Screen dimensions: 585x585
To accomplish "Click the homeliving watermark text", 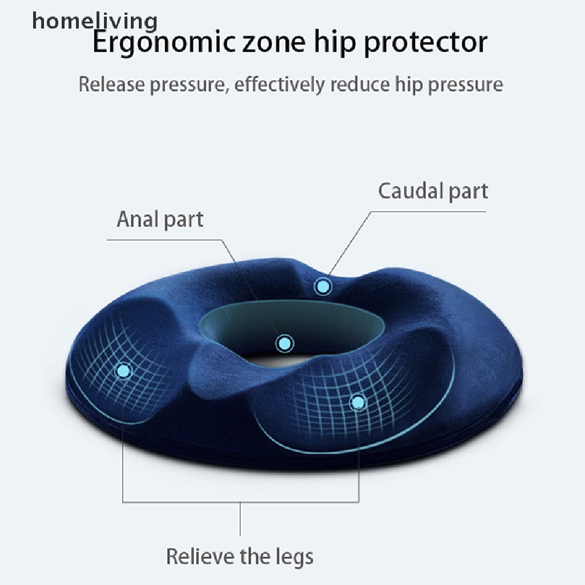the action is pos(95,22).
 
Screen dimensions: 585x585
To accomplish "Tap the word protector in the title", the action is pos(426,43).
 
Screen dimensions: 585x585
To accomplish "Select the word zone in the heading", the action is pos(274,43).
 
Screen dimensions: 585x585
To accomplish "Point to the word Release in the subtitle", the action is pos(111,84).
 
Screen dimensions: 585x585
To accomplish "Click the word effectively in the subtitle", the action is pos(279,85).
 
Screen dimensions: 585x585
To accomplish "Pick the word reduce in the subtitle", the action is pos(360,84).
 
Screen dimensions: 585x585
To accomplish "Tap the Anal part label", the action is pos(160,219).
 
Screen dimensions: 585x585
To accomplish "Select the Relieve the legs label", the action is pos(240,556).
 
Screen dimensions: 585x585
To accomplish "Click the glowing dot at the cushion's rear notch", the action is pos(323,287).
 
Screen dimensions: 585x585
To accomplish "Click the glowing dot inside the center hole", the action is pos(285,343).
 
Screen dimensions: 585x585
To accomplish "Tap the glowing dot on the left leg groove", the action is pos(123,371).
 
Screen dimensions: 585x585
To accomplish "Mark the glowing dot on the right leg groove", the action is pos(358,402).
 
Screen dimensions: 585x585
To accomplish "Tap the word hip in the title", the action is pos(335,43).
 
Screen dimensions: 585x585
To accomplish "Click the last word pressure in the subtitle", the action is pos(465,85).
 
